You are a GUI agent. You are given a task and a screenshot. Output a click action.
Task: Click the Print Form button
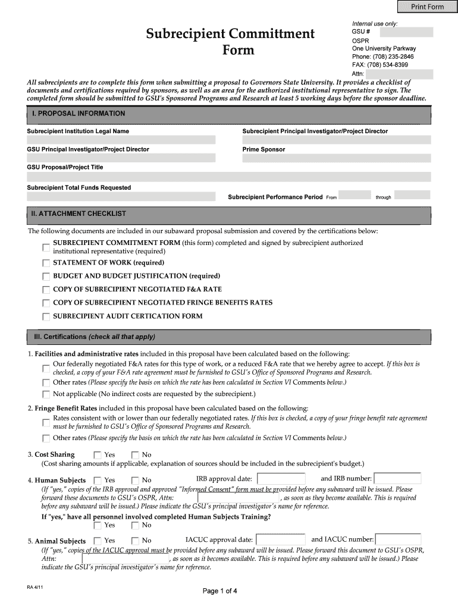[x=427, y=7]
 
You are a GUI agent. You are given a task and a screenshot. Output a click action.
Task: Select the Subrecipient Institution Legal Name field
[x=121, y=140]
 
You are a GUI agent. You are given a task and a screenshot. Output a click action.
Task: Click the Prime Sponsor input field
[x=336, y=158]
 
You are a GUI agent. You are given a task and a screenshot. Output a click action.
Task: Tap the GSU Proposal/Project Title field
[x=228, y=177]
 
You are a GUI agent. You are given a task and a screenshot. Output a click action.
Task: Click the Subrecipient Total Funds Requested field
[x=121, y=196]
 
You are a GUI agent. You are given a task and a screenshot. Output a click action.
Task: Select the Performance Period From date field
[x=355, y=195]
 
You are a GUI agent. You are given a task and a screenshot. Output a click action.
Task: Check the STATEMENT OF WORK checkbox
[x=46, y=263]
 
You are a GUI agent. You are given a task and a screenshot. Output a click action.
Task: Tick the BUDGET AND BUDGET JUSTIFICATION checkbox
[x=46, y=277]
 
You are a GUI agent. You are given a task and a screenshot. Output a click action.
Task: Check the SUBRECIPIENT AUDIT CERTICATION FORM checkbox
[x=46, y=317]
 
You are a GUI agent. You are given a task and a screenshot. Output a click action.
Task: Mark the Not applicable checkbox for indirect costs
[x=46, y=394]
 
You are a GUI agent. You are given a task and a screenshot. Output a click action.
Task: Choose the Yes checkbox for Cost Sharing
[x=98, y=456]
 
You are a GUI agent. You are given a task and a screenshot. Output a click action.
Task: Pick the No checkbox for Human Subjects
[x=135, y=481]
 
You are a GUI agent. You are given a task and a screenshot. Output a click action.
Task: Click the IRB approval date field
[x=281, y=479]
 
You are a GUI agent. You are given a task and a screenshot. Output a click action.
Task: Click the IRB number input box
[x=397, y=479]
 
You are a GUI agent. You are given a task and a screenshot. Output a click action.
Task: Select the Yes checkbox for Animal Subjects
[x=98, y=541]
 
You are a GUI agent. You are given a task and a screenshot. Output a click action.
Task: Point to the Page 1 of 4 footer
[x=220, y=591]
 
